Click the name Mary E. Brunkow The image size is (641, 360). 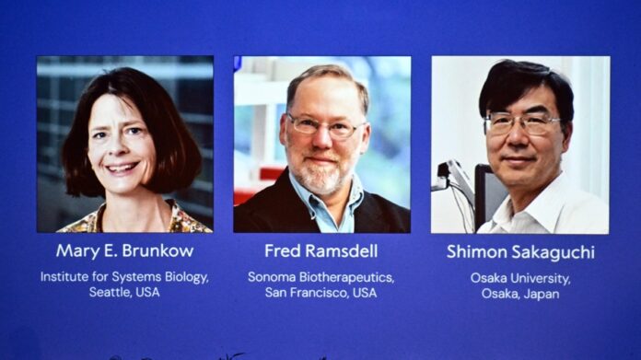tap(124, 250)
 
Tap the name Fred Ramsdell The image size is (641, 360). tap(321, 250)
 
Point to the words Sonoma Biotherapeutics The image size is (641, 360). tap(321, 276)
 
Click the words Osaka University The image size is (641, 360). tap(519, 276)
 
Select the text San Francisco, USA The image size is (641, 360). tap(321, 293)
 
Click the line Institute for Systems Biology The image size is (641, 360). tap(124, 276)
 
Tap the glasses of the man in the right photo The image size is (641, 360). tap(521, 122)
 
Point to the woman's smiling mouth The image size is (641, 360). tap(122, 168)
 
